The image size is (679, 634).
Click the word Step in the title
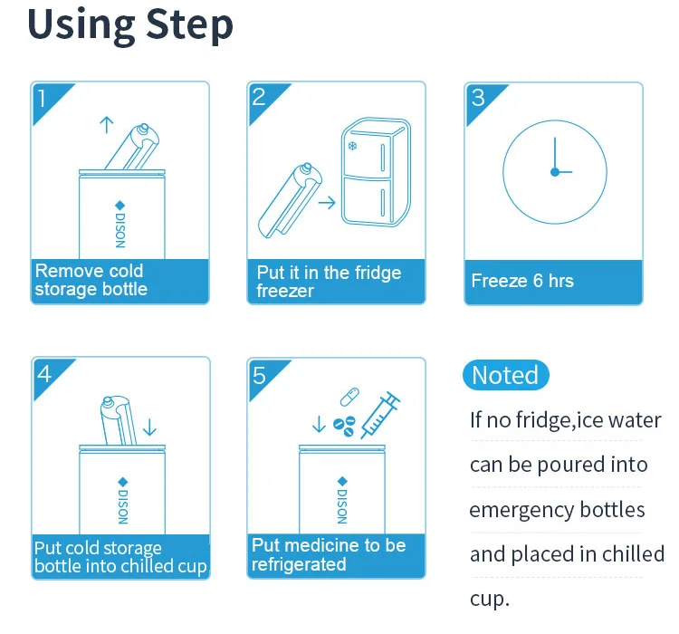pyautogui.click(x=190, y=25)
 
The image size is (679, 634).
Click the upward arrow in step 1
pyautogui.click(x=107, y=125)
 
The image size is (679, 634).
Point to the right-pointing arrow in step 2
pyautogui.click(x=327, y=202)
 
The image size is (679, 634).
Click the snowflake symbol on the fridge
pyautogui.click(x=353, y=146)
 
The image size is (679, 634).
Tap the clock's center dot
pyautogui.click(x=555, y=172)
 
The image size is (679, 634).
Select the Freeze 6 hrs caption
pyautogui.click(x=522, y=281)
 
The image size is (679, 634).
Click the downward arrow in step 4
pyautogui.click(x=149, y=427)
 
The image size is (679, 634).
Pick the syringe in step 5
pyautogui.click(x=380, y=415)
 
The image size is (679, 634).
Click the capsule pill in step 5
pyautogui.click(x=349, y=397)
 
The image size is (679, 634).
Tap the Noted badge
pyautogui.click(x=506, y=375)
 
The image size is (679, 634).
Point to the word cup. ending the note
pyautogui.click(x=489, y=600)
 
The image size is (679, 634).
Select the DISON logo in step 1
pyautogui.click(x=120, y=225)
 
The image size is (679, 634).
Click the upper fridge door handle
pyautogui.click(x=382, y=158)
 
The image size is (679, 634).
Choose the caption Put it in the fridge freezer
pyautogui.click(x=329, y=282)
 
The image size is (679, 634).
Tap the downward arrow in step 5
pyautogui.click(x=319, y=424)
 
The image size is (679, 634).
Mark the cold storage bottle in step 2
pyautogui.click(x=290, y=201)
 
